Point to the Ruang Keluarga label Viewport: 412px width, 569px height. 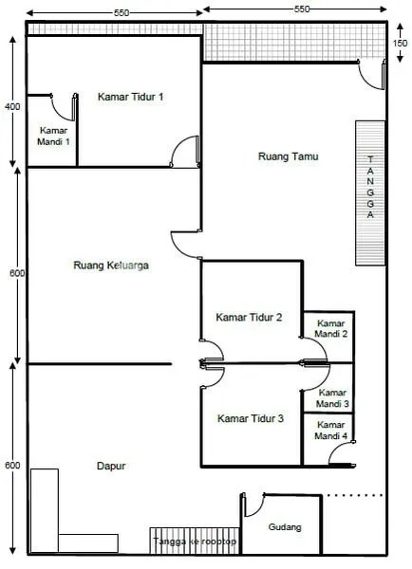pos(111,266)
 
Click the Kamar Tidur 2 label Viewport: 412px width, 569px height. pos(249,317)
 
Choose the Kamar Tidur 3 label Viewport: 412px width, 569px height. pos(250,418)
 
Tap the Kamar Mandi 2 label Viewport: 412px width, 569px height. pos(332,328)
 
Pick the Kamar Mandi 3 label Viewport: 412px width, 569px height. pos(332,397)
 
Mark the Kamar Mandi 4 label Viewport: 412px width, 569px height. pos(332,431)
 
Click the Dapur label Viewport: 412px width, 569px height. pos(111,466)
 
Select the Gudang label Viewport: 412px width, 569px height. pos(284,527)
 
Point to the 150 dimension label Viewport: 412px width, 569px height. pos(402,43)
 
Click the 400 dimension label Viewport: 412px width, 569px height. pos(11,107)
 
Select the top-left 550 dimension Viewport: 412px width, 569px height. pos(121,13)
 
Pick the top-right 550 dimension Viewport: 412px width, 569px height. pos(302,8)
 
